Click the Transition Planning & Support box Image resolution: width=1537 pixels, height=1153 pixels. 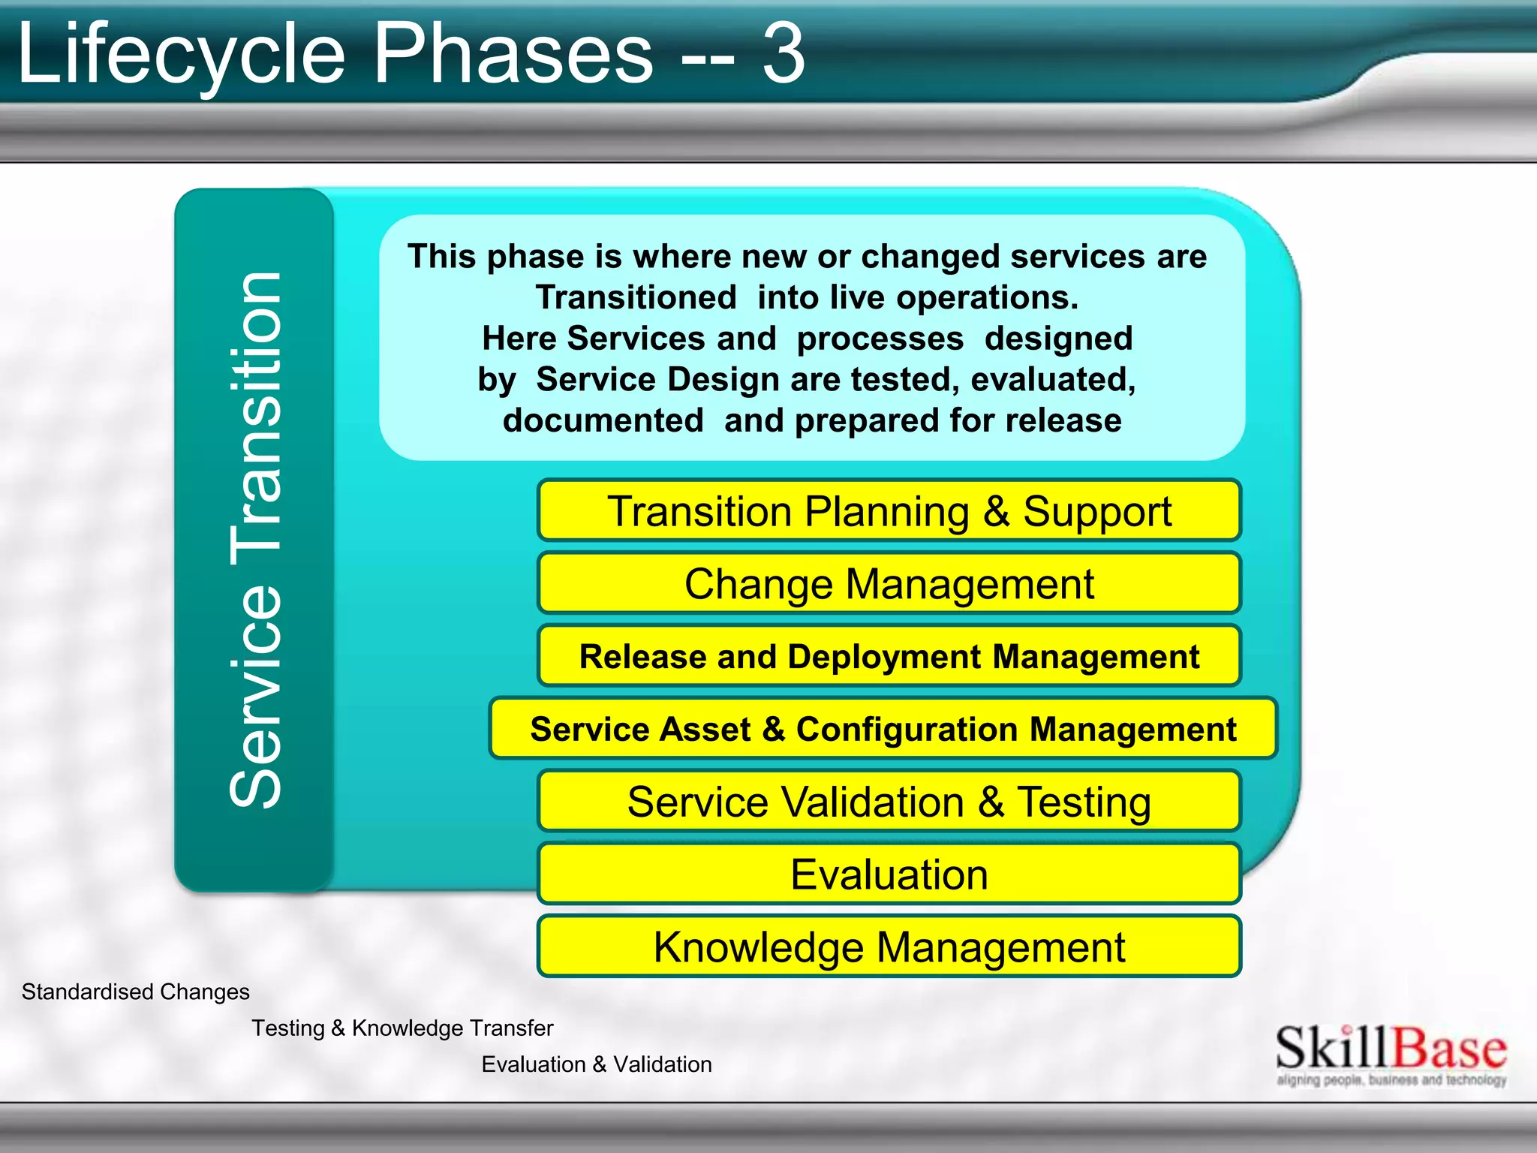(x=889, y=511)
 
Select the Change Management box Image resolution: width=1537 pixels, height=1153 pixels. (x=889, y=584)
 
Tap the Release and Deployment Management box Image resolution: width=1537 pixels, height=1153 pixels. (x=889, y=657)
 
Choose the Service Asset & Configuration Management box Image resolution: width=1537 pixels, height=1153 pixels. (x=883, y=729)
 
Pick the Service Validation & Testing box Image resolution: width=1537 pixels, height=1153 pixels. (x=889, y=802)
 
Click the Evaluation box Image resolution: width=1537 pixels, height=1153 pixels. (x=889, y=875)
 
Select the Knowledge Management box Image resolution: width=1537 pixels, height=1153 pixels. (x=889, y=947)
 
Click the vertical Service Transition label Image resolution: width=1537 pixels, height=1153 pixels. (x=255, y=540)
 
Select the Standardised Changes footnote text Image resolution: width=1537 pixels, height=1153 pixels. (x=135, y=992)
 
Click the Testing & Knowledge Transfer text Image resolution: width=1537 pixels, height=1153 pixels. (x=402, y=1028)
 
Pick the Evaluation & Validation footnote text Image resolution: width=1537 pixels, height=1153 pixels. (x=597, y=1064)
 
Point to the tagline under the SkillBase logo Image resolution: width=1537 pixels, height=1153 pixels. (x=1391, y=1080)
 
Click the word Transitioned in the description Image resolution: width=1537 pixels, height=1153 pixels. (x=636, y=297)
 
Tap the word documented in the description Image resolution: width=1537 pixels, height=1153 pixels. (x=603, y=420)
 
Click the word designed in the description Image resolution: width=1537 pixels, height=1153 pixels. (x=1058, y=339)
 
